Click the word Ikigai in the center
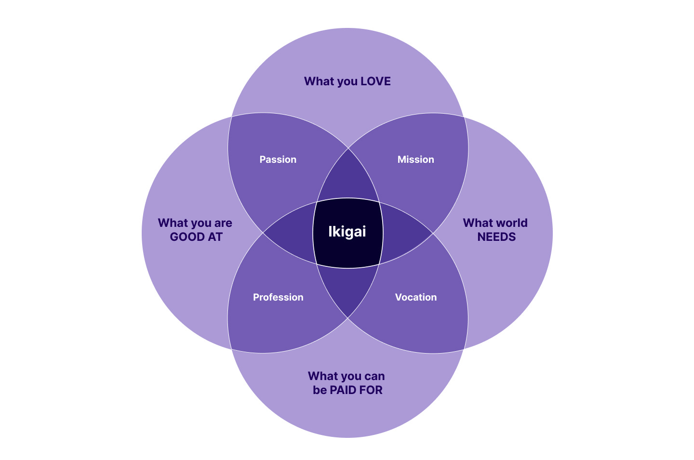(347, 232)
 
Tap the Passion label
(278, 159)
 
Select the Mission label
(415, 159)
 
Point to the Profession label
(278, 297)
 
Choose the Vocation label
(416, 297)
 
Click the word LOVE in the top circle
(375, 81)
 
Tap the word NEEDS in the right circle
(496, 237)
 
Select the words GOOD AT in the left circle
(196, 237)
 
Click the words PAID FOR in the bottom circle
(356, 390)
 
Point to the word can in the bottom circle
(374, 376)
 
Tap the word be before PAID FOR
(320, 390)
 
